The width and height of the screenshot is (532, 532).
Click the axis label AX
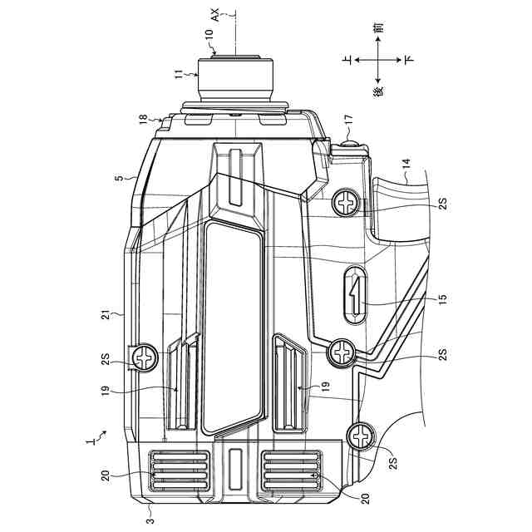coord(214,12)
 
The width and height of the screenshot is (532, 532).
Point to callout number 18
coord(144,121)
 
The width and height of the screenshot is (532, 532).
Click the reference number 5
coord(118,177)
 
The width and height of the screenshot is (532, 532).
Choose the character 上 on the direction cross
coord(348,60)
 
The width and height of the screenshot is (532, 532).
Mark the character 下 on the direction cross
coord(408,60)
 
